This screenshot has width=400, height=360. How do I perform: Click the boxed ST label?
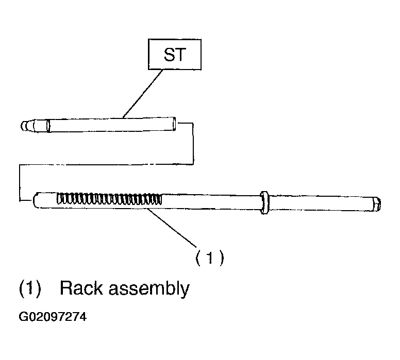(175, 54)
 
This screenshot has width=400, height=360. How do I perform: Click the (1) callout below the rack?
(210, 258)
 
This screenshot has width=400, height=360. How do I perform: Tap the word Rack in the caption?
(80, 288)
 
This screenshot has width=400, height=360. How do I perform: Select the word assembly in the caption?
(149, 289)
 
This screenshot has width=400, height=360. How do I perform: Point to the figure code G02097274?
(53, 317)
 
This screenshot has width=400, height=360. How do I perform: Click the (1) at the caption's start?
(30, 288)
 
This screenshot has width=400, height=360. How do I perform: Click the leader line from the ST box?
(143, 94)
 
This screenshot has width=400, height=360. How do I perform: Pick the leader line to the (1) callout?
(172, 228)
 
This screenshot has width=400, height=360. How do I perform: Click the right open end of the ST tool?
(174, 124)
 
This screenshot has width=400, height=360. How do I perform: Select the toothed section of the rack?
(109, 199)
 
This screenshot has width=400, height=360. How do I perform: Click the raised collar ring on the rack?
(265, 202)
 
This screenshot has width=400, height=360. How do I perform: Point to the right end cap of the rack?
(376, 204)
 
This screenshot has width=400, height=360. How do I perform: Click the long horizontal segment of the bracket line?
(106, 165)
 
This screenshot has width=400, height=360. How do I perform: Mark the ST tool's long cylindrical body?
(111, 125)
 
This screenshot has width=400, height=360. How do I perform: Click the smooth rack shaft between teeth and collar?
(211, 202)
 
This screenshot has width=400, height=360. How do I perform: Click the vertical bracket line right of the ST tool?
(193, 144)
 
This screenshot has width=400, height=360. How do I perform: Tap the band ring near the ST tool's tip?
(48, 126)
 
